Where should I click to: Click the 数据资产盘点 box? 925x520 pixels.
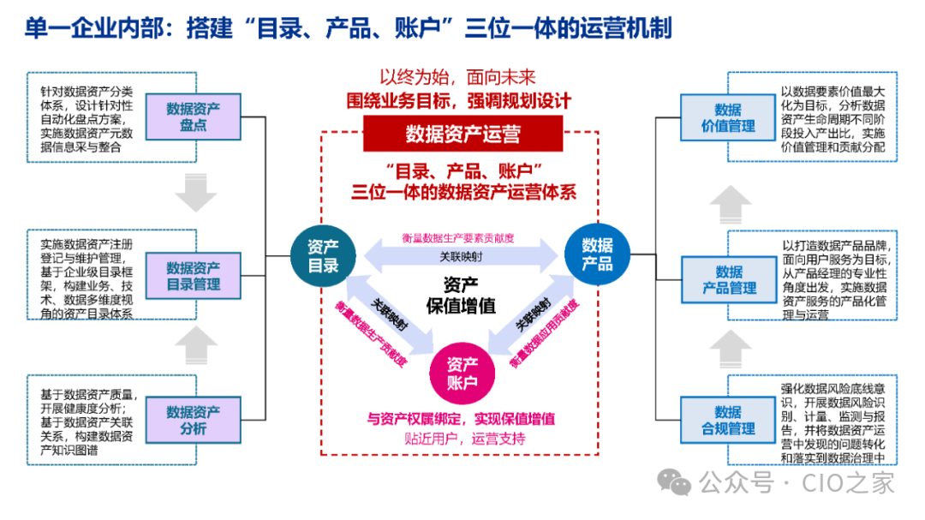point(193,117)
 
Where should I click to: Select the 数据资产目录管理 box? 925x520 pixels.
point(193,275)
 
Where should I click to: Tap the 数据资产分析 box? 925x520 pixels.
point(193,421)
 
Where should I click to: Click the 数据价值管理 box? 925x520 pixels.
point(728,117)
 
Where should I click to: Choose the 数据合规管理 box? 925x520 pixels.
point(729,420)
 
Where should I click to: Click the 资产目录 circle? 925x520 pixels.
point(323,255)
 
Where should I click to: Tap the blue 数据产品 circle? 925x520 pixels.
point(597,254)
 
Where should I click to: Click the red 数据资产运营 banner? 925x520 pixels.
point(462,134)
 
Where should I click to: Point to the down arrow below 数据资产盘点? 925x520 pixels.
point(195,194)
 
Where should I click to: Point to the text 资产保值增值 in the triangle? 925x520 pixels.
point(461,295)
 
